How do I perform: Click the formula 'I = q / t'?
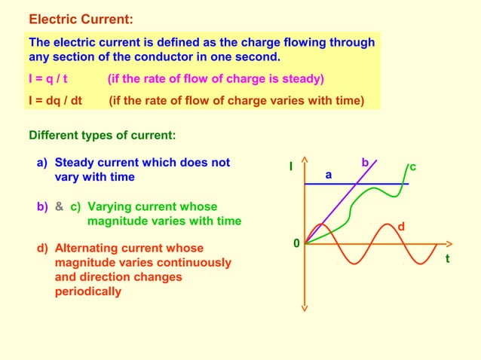coord(54,79)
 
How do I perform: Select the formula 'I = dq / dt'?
coord(55,101)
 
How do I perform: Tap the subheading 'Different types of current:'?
coord(103,136)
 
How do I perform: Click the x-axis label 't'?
coord(447,258)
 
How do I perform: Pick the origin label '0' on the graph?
coord(296,243)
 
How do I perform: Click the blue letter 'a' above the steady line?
coord(328,174)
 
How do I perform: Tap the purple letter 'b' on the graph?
coord(365,162)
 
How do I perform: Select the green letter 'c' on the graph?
coord(413,166)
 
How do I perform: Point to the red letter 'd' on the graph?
coord(401,226)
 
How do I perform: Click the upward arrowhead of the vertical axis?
coord(304,160)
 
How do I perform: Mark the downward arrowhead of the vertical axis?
coord(304,307)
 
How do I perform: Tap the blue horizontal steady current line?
coord(354,184)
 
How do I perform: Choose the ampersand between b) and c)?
coord(59,206)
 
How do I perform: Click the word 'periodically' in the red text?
coord(87,291)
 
